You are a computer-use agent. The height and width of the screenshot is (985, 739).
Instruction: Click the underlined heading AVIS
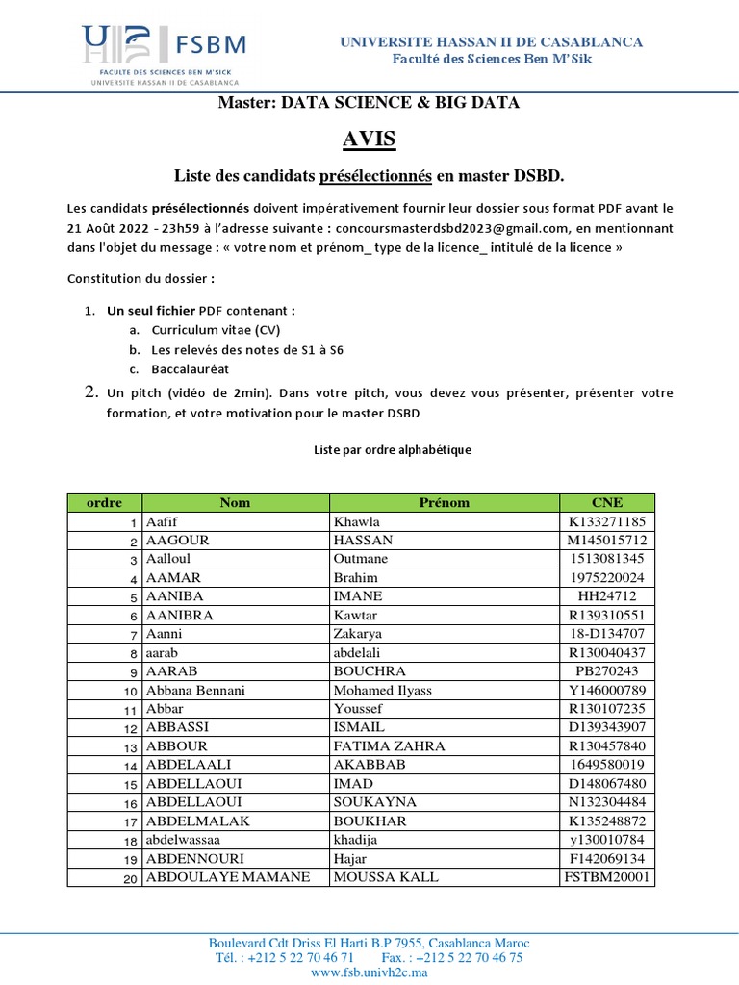point(369,139)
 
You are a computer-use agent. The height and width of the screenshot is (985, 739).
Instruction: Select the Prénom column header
point(444,502)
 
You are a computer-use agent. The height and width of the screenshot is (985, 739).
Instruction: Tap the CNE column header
point(607,502)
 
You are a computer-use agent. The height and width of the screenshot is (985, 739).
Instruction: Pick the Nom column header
point(235,502)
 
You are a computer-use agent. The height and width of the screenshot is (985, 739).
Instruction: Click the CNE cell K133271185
point(607,521)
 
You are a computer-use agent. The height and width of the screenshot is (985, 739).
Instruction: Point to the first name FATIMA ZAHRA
point(382,745)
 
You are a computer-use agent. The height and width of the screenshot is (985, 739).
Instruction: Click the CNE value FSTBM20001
point(607,876)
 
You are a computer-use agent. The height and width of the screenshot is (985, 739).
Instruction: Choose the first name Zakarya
point(357,634)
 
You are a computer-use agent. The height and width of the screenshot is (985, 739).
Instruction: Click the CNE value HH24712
point(607,596)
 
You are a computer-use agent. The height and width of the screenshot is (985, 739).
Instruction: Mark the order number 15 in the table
point(131,784)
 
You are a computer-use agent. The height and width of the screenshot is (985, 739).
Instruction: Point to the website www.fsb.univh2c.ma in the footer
point(369,972)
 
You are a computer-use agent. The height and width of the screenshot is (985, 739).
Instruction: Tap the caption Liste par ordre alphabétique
point(394,449)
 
